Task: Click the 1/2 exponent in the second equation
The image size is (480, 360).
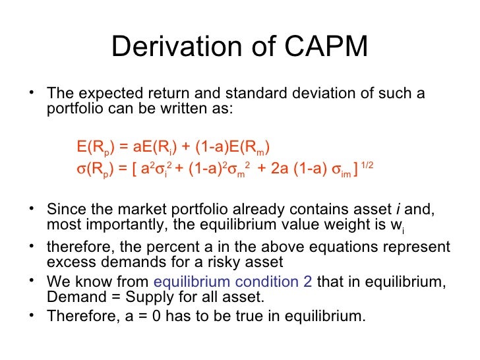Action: pyautogui.click(x=367, y=165)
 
